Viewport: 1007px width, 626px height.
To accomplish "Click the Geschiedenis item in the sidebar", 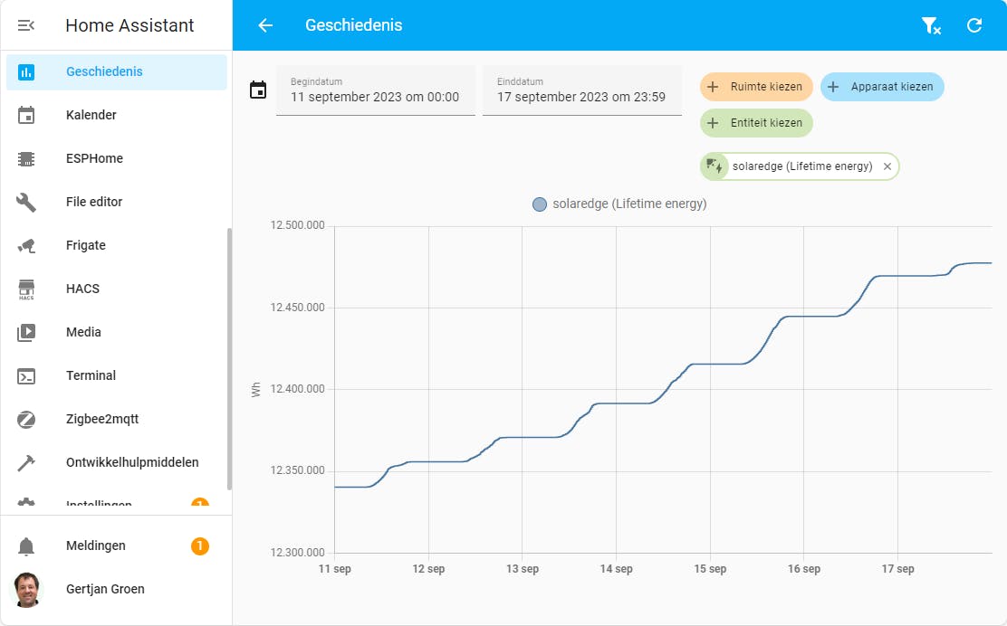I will point(104,72).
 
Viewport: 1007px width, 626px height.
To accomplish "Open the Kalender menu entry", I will point(91,115).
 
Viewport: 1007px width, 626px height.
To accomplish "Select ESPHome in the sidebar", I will point(94,158).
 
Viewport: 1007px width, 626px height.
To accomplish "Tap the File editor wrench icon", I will point(26,202).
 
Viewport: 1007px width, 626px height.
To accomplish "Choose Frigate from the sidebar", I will point(86,245).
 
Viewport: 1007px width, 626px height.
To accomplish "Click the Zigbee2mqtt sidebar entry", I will point(101,419).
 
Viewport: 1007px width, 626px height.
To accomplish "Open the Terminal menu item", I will point(91,375).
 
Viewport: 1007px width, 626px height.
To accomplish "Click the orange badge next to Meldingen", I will point(200,545).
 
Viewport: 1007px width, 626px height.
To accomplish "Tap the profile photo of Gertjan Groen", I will point(26,589).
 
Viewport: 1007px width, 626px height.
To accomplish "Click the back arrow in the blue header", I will point(265,25).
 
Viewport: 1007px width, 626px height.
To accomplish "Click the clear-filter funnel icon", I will point(931,25).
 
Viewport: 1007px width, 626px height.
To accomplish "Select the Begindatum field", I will point(375,90).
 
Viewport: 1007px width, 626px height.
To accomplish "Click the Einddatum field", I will point(581,90).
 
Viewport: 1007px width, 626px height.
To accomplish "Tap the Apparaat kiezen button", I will point(882,87).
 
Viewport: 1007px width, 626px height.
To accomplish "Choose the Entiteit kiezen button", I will point(756,123).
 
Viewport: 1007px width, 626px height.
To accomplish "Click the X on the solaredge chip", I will point(887,166).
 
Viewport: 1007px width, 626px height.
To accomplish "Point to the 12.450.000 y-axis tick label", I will point(298,308).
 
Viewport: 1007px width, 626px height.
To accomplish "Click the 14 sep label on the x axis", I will point(616,569).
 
